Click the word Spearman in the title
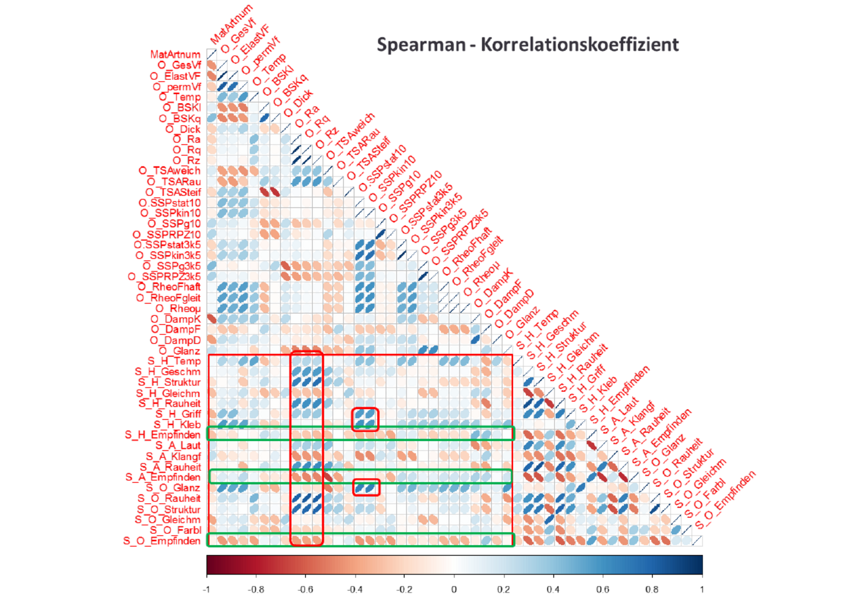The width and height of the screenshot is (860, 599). click(x=421, y=45)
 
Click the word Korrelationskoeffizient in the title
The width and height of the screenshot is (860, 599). click(x=579, y=45)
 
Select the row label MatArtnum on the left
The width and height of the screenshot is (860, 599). click(x=175, y=55)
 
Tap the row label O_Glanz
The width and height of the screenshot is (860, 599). click(x=179, y=351)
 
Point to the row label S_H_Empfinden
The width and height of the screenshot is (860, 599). click(x=163, y=435)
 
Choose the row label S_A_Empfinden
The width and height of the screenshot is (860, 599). click(x=163, y=477)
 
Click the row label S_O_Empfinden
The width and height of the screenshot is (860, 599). click(x=162, y=541)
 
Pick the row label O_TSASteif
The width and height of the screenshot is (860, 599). click(x=173, y=192)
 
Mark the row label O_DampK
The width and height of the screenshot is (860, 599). click(x=175, y=319)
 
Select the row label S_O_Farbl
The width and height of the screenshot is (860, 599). click(x=175, y=530)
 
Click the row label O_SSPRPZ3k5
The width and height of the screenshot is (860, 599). click(x=164, y=276)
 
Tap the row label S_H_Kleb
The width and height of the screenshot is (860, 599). click(x=177, y=425)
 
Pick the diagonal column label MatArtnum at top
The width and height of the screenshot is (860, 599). click(x=231, y=25)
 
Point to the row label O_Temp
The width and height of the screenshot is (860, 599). click(x=179, y=97)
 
